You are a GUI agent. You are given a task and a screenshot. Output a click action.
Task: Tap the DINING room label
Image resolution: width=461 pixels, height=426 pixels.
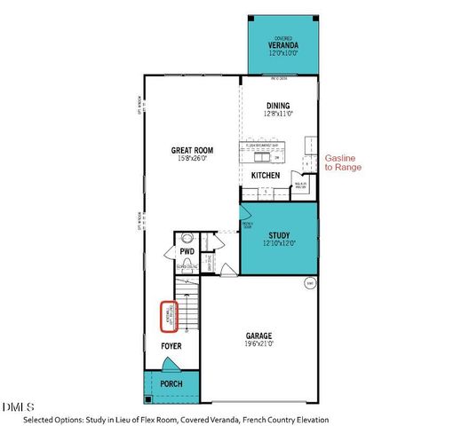click(278, 105)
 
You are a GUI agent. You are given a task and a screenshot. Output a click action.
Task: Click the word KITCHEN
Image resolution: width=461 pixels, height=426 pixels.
click(265, 176)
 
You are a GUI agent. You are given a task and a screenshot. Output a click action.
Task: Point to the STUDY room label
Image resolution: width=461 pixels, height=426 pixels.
click(278, 235)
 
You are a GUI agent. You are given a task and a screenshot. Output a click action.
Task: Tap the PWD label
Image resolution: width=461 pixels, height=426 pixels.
click(187, 251)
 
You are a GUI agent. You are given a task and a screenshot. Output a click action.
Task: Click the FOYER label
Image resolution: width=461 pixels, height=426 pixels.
click(171, 345)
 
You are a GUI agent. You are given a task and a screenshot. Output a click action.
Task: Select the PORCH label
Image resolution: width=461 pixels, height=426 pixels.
click(171, 383)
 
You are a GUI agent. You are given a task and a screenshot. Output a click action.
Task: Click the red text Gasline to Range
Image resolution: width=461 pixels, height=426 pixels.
click(344, 160)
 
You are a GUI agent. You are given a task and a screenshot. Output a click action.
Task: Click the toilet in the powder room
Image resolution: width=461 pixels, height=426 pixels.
click(187, 238)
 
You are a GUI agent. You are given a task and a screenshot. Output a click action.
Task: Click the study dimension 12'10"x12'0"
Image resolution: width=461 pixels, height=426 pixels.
click(278, 243)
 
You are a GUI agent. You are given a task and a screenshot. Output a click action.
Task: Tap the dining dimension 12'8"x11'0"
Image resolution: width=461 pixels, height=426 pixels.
click(278, 114)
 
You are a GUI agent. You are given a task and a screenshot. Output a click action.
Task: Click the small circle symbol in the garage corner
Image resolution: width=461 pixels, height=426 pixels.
click(309, 284)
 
